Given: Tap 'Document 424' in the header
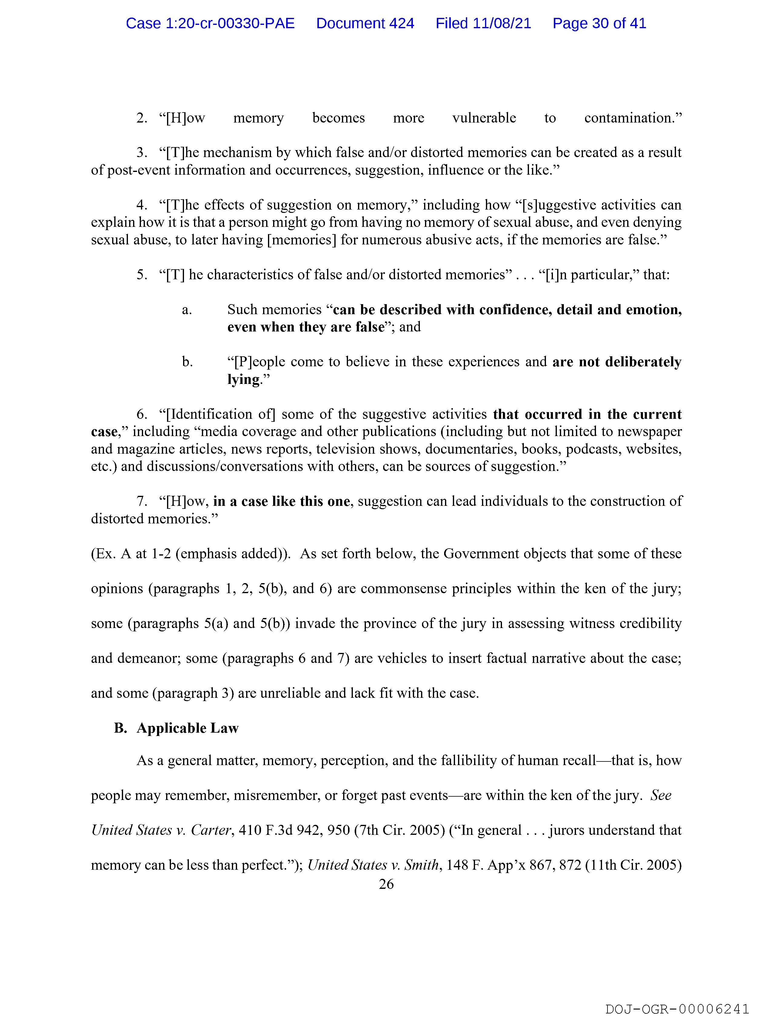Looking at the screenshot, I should (x=365, y=23).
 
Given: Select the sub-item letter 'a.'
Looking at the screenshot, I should (x=187, y=310).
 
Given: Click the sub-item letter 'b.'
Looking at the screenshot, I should (x=187, y=362).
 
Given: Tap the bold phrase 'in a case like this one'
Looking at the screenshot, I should (x=281, y=501).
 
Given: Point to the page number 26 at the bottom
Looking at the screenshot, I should (x=386, y=884).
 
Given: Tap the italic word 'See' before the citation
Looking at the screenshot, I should (x=661, y=795).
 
